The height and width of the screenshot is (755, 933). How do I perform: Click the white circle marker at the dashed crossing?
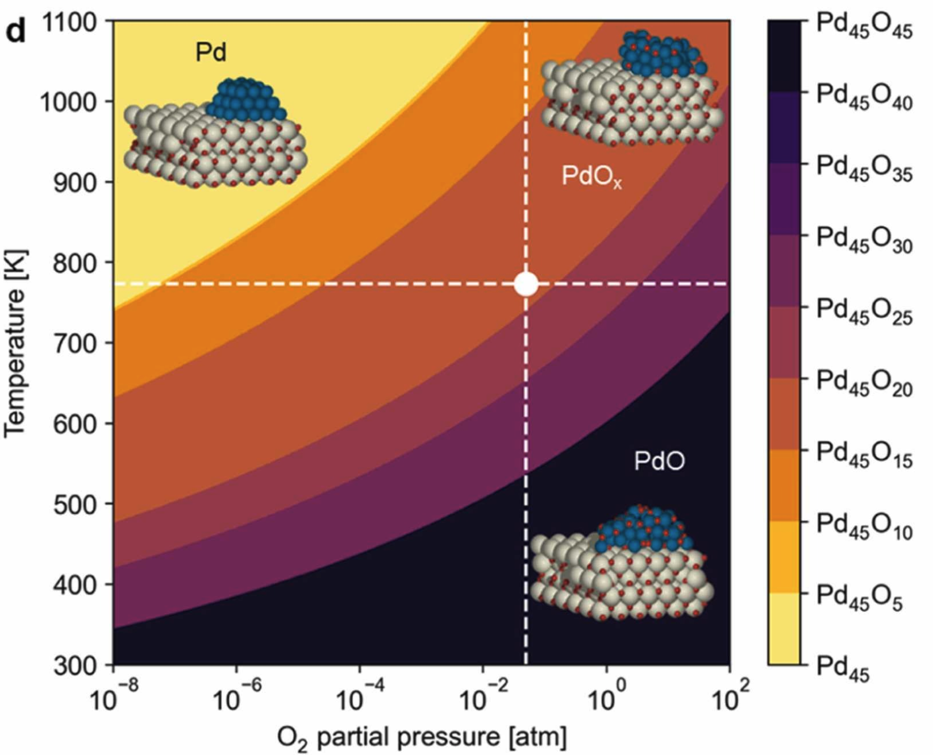[x=526, y=284]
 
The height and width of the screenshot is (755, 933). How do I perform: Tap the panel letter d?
[x=16, y=32]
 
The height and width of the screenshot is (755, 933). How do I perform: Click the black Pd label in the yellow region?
[x=211, y=52]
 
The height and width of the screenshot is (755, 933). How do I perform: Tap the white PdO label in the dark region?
[x=659, y=461]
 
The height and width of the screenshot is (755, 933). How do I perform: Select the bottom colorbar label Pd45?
[x=843, y=669]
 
